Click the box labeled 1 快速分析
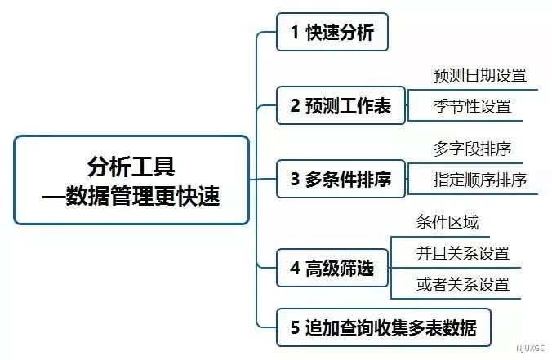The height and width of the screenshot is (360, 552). coord(332,32)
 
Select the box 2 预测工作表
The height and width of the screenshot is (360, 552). coord(341,105)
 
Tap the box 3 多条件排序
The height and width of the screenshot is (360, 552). coord(341,179)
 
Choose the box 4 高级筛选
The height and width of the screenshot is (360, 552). coord(332,268)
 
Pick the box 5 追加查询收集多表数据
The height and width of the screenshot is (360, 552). coord(384,327)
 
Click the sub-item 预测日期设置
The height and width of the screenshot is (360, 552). coord(480,75)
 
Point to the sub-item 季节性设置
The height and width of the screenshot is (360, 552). coord(472,106)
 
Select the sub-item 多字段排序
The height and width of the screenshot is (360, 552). coord(472,149)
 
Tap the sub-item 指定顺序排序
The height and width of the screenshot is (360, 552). coord(480,180)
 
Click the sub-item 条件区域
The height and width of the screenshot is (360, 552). coord(447,222)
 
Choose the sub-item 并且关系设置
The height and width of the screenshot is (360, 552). coord(462,253)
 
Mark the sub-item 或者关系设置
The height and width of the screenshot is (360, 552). coord(462,284)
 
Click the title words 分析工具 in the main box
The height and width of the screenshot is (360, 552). coord(131,166)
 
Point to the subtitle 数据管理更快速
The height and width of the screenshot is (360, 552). coord(143,196)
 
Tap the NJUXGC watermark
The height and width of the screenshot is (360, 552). coord(530,349)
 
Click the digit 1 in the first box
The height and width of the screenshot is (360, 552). coord(295,33)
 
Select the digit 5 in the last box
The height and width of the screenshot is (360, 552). coord(295,328)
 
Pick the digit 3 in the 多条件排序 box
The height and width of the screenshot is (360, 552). coord(295,179)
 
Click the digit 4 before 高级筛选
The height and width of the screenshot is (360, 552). coord(295,268)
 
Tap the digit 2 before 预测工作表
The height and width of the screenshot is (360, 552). coord(295,105)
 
